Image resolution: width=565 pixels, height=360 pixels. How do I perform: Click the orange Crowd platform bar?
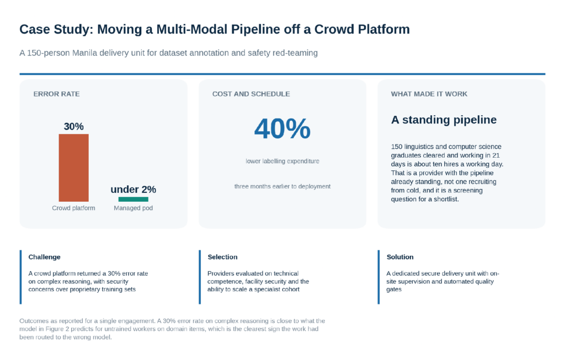(x=73, y=168)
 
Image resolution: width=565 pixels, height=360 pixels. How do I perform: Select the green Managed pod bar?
(x=134, y=199)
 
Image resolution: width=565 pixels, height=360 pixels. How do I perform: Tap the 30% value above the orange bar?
(x=73, y=126)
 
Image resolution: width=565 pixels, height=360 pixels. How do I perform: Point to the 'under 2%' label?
(x=134, y=189)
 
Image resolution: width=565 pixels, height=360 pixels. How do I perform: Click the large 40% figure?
(x=282, y=128)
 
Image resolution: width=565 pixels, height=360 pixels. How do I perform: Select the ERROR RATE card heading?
(x=57, y=94)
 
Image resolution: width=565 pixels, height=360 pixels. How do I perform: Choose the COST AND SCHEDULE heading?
(x=251, y=94)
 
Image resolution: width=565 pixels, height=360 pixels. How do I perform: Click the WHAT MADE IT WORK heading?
(x=429, y=94)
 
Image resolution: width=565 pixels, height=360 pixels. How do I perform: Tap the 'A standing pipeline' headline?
(x=444, y=120)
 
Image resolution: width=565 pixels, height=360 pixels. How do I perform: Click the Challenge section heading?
(x=44, y=257)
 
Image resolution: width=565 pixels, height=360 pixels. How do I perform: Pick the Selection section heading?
(x=222, y=257)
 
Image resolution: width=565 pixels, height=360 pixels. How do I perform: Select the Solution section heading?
(x=400, y=257)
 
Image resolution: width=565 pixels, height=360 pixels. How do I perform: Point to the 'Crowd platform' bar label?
(x=73, y=208)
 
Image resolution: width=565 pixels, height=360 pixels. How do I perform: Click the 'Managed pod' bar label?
(x=134, y=208)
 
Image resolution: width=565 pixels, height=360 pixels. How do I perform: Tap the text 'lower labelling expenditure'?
(x=282, y=162)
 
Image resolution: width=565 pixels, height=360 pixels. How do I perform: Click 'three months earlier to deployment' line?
(x=282, y=186)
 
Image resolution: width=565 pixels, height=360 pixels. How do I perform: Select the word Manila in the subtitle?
(x=84, y=53)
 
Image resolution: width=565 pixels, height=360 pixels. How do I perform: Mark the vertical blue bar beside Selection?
(x=200, y=277)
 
